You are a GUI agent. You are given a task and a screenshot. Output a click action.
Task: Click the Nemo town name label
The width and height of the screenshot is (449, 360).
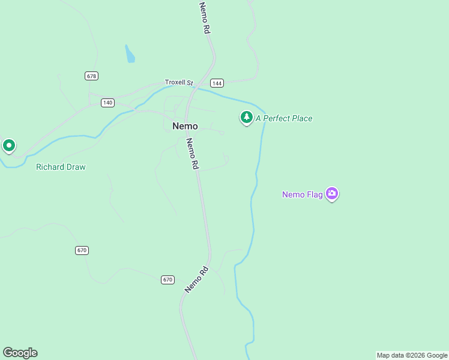(185, 126)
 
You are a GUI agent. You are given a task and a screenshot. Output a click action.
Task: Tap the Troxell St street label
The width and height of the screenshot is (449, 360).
(179, 82)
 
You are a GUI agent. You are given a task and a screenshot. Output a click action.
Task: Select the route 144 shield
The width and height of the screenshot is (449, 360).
(217, 83)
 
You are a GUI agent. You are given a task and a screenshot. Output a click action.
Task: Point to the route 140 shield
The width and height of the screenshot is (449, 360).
(107, 103)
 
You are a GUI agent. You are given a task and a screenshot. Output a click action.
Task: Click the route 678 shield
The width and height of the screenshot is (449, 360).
(91, 76)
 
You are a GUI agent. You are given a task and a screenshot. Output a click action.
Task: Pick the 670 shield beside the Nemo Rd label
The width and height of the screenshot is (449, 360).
(167, 280)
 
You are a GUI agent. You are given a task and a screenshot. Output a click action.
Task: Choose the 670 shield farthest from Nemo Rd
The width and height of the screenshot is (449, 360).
(82, 250)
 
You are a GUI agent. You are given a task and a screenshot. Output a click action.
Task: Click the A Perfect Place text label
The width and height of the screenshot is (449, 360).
(284, 119)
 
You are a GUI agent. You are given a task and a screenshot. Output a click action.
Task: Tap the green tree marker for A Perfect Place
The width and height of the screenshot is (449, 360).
(246, 118)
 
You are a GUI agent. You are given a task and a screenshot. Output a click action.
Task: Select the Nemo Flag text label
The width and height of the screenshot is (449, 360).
(303, 194)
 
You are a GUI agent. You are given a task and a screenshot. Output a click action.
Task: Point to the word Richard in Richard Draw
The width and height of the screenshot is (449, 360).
(50, 167)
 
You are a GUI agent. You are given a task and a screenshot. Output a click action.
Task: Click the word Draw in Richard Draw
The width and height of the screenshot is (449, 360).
(76, 167)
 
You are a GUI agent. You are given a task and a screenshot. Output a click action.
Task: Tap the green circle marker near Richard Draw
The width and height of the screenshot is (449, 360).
(8, 146)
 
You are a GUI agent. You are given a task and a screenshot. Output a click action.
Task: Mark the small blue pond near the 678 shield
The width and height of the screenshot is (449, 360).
(130, 55)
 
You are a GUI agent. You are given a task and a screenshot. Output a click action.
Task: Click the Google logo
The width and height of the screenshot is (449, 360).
(20, 353)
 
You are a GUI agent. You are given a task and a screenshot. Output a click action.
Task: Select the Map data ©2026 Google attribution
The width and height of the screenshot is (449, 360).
(412, 355)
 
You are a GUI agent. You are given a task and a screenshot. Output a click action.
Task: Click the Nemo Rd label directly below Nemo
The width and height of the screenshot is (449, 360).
(192, 154)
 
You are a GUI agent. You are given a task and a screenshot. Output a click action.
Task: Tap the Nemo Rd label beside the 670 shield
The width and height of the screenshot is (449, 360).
(196, 279)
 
